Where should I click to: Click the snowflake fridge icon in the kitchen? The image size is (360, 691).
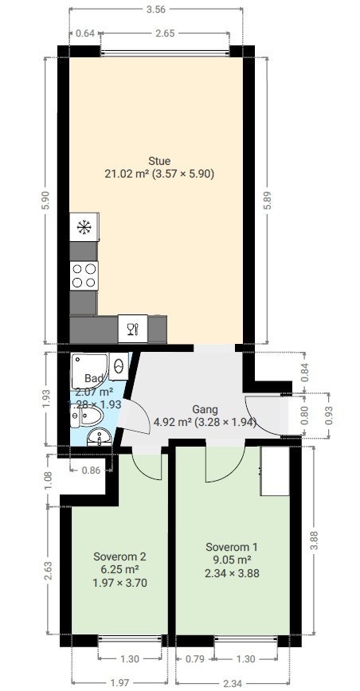(x=84, y=228)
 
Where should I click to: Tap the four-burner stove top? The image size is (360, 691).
(x=84, y=275)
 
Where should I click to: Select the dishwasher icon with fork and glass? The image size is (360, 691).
(x=132, y=327)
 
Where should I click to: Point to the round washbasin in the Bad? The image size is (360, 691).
(x=100, y=436)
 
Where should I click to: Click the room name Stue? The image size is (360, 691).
(x=159, y=161)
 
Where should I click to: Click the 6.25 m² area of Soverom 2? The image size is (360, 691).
(x=119, y=569)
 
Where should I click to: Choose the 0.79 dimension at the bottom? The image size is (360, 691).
(x=195, y=658)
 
